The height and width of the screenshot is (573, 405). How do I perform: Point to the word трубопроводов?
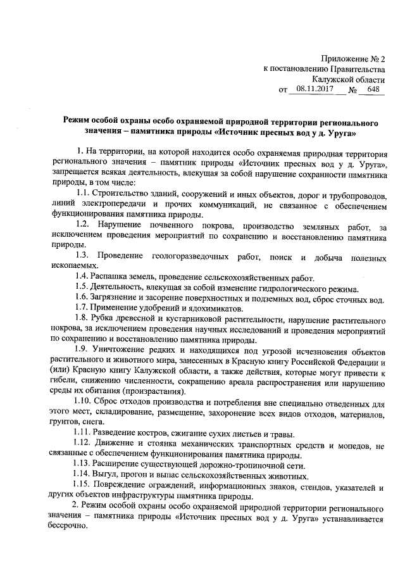click(x=356, y=193)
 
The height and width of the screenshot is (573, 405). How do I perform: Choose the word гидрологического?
click(x=275, y=288)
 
